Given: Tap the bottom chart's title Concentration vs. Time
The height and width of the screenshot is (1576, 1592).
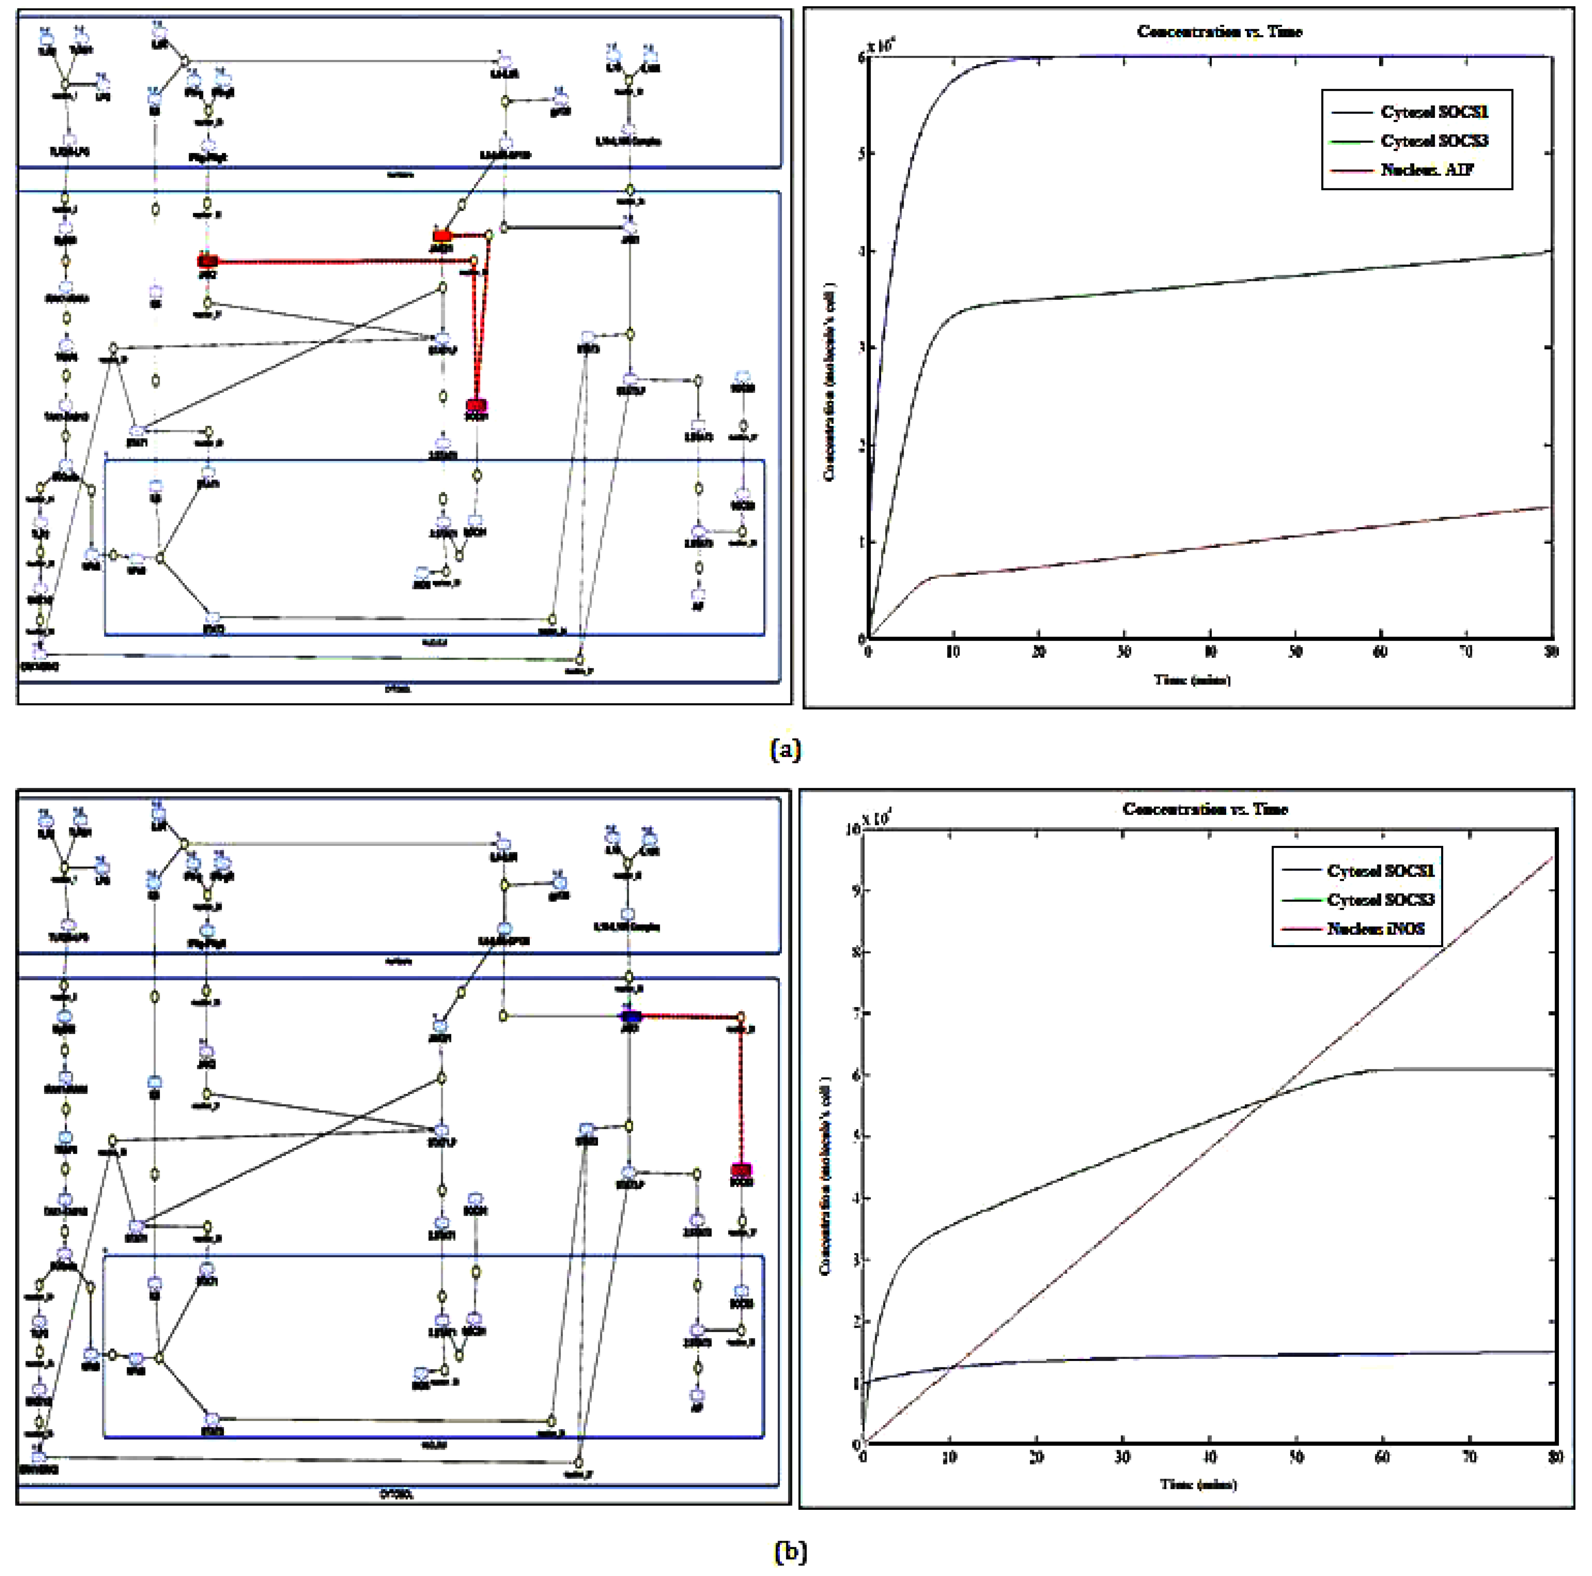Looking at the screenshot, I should point(1205,809).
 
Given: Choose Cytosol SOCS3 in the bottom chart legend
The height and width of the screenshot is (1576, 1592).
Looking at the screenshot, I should point(1380,899).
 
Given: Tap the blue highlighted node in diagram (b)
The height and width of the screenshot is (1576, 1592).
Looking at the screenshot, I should point(630,1016).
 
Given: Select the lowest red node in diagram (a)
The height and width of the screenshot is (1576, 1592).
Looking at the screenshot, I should point(476,406).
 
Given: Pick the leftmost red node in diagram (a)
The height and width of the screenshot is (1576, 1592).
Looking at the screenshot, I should point(208,261).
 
